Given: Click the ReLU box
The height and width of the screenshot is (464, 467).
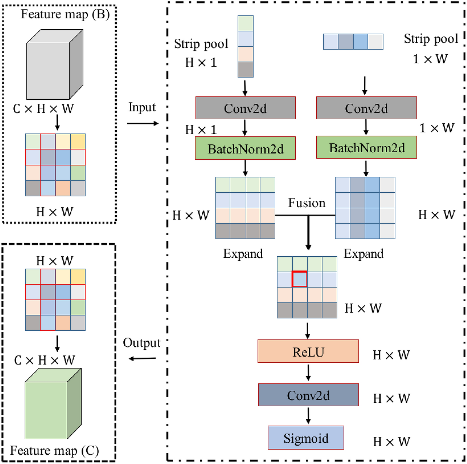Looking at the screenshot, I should pos(308,351).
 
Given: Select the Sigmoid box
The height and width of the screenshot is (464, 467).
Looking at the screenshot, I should pos(306,438).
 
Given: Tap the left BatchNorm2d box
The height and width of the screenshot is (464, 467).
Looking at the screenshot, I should pos(245,148).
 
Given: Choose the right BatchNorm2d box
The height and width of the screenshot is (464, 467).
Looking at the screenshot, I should pos(366,147).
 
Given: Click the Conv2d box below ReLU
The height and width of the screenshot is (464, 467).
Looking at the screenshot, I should pos(308,395).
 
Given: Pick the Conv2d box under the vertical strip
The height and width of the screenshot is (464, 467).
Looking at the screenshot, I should pos(245,108).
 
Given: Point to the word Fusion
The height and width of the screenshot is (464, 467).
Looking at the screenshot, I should pos(306,203).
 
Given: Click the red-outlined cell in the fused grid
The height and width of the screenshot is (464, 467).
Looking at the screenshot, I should pos(300,279).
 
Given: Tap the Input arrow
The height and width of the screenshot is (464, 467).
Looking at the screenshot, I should pos(143,124).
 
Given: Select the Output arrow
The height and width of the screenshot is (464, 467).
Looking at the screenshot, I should pos(142,358).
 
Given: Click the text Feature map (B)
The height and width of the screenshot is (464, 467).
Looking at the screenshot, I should pos(65,14).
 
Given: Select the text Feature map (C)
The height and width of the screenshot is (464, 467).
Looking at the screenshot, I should pos(54,451).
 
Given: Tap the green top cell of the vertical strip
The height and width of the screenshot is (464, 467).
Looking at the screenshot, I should pos(245,23).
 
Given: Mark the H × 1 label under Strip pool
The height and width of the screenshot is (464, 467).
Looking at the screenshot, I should pos(201,62).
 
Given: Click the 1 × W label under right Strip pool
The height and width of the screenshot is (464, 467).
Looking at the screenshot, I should pos(430,59).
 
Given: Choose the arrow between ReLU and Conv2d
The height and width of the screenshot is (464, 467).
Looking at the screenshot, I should pos(308,373).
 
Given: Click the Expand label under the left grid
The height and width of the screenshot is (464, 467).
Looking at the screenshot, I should pos(243,254).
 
